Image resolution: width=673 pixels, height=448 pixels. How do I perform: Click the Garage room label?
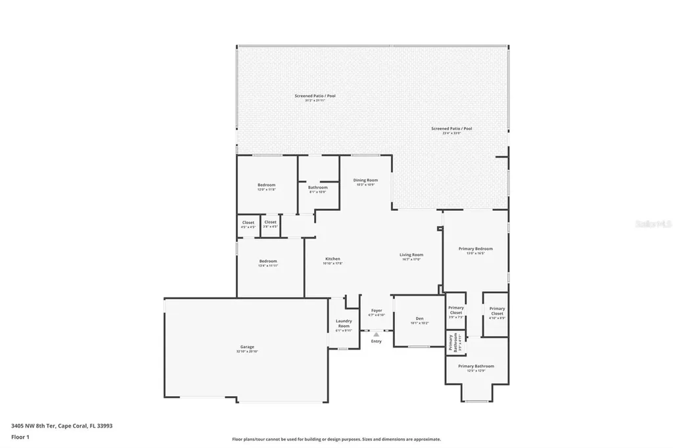[247, 347]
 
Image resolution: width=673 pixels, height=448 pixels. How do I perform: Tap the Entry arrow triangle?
[376, 334]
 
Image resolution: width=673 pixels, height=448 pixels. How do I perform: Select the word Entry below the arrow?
[376, 341]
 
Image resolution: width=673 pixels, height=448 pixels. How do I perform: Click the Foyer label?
[377, 310]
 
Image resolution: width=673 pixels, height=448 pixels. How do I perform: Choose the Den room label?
[419, 319]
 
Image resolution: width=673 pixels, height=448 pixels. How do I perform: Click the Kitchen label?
[333, 259]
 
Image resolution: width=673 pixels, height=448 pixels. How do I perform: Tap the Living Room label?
[412, 255]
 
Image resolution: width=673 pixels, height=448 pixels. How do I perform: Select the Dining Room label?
[365, 180]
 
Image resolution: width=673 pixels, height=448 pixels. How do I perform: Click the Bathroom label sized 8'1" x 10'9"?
[317, 187]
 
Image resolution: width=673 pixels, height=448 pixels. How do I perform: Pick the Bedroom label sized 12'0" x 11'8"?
[266, 185]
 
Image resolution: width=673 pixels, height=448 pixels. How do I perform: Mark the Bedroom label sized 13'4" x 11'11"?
[267, 261]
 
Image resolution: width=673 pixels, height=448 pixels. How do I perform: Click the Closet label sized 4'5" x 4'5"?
[248, 223]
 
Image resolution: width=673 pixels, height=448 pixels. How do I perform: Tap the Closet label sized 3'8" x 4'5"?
[271, 222]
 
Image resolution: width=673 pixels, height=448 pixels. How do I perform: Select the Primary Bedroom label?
[475, 249]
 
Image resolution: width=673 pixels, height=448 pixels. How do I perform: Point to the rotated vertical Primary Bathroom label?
[453, 342]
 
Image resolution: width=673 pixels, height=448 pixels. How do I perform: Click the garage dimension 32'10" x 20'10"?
[247, 351]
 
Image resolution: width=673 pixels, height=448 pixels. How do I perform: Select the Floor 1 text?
[20, 436]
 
